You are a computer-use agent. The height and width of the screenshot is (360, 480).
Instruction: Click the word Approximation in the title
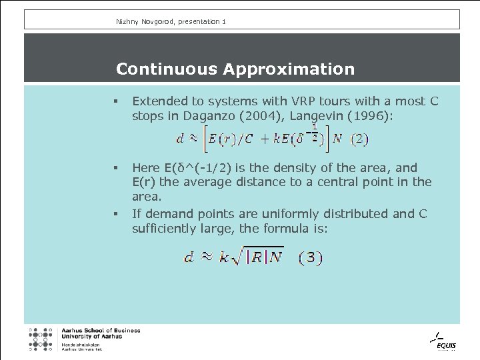(x=289, y=69)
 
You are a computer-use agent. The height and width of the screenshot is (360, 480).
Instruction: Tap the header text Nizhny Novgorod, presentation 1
(x=171, y=22)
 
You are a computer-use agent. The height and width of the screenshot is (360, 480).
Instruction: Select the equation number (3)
(x=310, y=257)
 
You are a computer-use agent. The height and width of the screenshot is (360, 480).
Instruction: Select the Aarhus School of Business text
(x=101, y=331)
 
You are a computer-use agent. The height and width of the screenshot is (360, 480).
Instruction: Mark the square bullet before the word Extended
(x=116, y=102)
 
